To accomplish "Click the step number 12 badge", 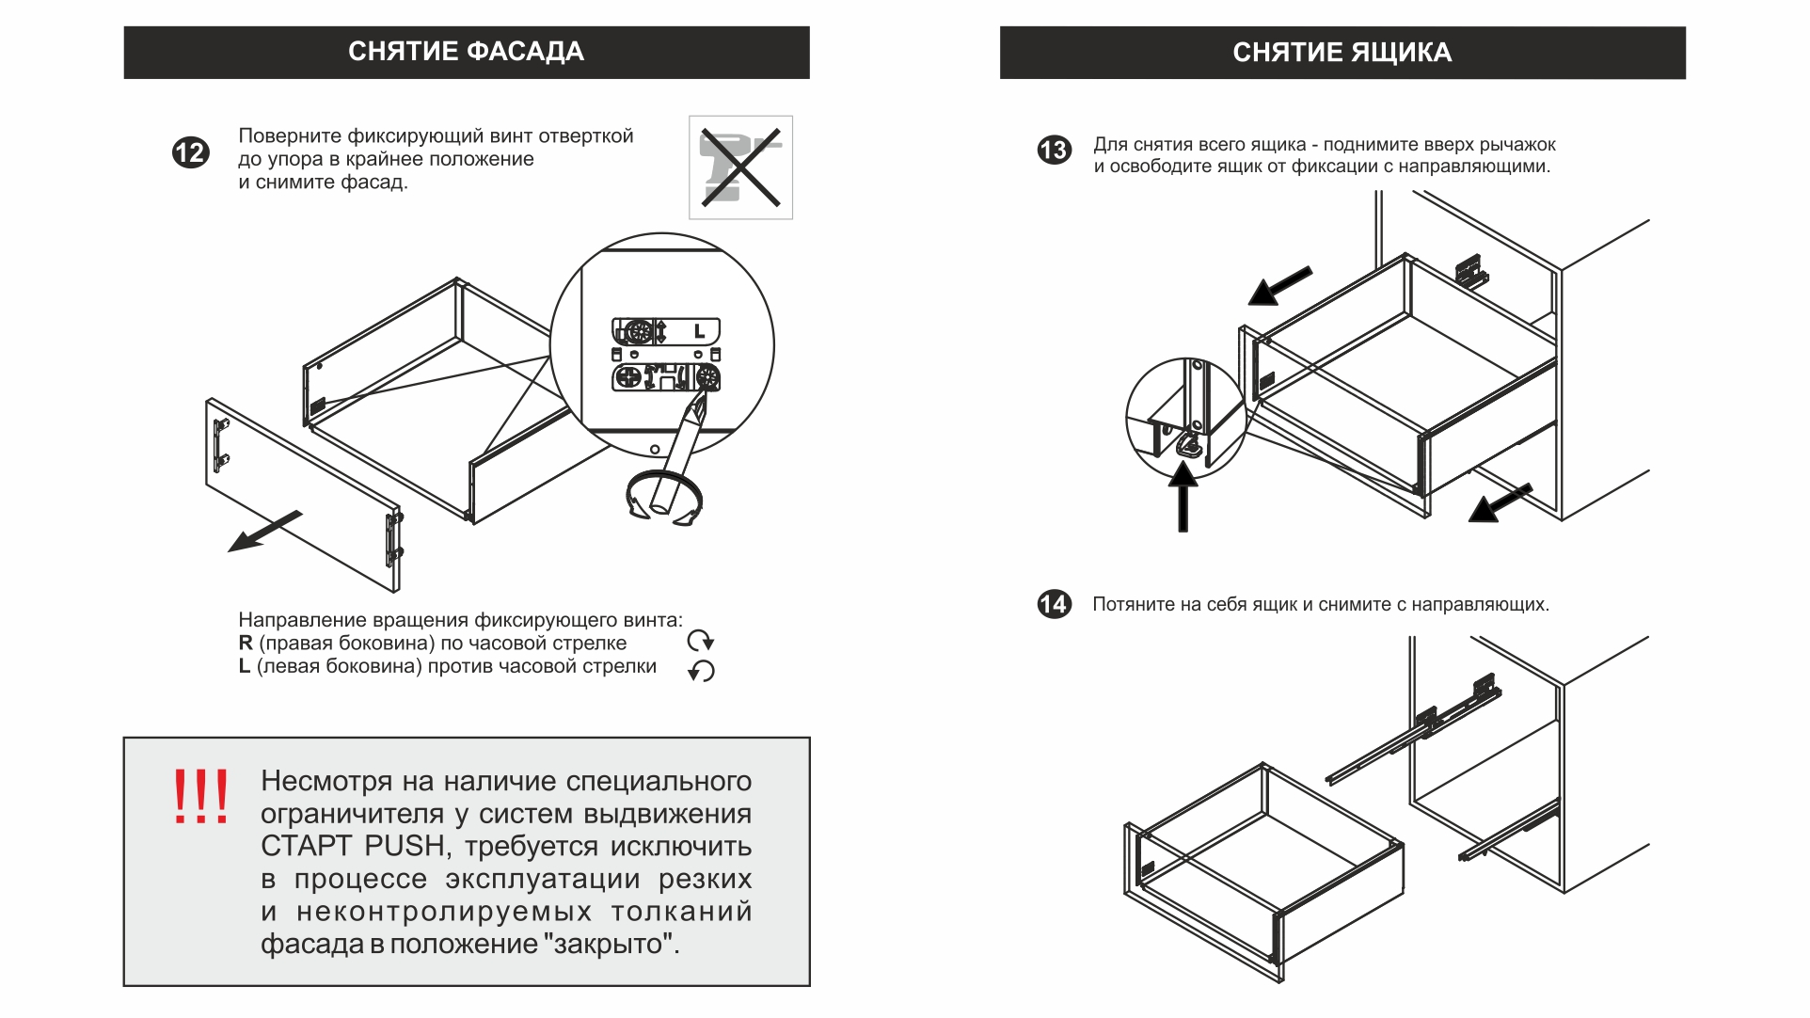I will click(190, 152).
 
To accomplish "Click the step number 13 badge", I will click(1054, 151).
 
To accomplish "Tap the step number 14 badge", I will click(1054, 604).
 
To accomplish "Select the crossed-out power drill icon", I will click(740, 167).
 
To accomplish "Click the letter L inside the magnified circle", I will click(699, 331).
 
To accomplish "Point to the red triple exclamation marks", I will click(200, 797).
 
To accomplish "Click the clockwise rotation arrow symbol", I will click(701, 642).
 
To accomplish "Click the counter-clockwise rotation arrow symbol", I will click(701, 671).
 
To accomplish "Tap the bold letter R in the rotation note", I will click(246, 644).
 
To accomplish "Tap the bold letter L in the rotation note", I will click(245, 666).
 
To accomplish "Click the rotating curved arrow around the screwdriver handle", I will click(663, 496).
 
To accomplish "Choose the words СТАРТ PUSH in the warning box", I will click(353, 846).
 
